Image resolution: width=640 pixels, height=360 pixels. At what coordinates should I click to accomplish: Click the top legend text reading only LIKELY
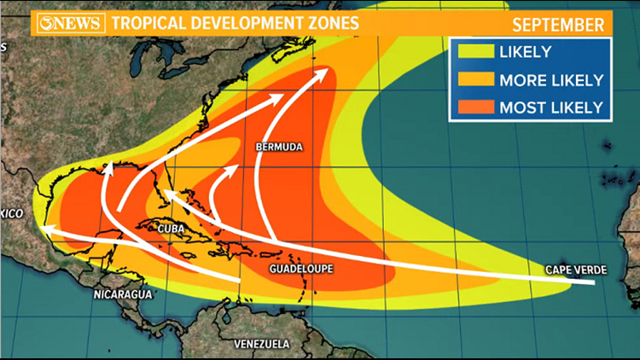[x=528, y=53]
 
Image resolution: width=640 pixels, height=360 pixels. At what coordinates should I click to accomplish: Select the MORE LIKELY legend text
[x=551, y=80]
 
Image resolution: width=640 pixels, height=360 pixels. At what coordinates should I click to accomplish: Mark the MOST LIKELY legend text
[x=551, y=107]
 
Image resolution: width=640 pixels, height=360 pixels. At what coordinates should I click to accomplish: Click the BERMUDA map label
[x=279, y=148]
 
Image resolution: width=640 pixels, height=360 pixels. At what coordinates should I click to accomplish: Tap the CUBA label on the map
[x=172, y=229]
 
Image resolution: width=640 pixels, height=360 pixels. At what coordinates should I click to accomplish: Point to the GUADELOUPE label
[x=301, y=269]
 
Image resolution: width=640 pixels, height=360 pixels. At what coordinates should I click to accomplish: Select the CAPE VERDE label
[x=576, y=270]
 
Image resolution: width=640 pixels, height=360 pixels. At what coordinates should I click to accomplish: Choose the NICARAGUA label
[x=124, y=294]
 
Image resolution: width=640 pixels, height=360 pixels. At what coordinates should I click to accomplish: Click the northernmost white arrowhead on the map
[x=327, y=73]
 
